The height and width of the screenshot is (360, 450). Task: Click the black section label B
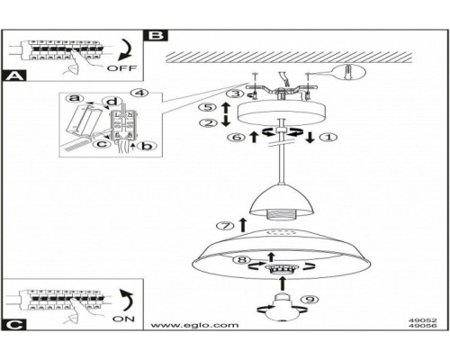click(x=156, y=36)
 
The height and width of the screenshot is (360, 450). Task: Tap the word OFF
click(x=121, y=67)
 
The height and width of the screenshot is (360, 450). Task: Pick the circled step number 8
click(x=238, y=260)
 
